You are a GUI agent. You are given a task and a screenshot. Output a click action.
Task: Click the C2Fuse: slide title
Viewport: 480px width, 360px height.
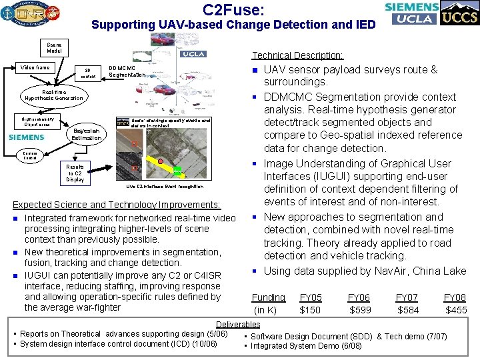pyautogui.click(x=234, y=9)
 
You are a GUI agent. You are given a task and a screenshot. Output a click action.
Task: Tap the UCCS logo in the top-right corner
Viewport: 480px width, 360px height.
pyautogui.click(x=459, y=14)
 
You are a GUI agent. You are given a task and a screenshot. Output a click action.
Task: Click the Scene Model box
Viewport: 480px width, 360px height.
pyautogui.click(x=54, y=48)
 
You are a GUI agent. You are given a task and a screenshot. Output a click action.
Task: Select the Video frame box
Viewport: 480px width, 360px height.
pyautogui.click(x=35, y=67)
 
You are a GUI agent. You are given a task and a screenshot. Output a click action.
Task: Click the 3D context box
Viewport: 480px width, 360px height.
pyautogui.click(x=88, y=73)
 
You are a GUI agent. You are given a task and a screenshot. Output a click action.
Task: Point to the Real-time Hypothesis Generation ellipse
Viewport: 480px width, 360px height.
pyautogui.click(x=54, y=95)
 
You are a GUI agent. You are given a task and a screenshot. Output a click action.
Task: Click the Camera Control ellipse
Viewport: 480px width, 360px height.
pyautogui.click(x=29, y=155)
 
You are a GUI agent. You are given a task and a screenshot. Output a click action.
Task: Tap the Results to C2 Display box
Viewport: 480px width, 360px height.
pyautogui.click(x=75, y=173)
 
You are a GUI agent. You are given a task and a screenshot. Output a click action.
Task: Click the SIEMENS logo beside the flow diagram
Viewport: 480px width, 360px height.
pyautogui.click(x=27, y=137)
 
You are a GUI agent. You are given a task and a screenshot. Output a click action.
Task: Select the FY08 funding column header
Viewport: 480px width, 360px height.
pyautogui.click(x=456, y=297)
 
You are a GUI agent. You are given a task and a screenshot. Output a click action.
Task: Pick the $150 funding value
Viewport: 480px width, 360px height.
pyautogui.click(x=311, y=309)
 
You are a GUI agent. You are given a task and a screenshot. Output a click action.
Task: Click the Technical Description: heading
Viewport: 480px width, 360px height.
pyautogui.click(x=297, y=55)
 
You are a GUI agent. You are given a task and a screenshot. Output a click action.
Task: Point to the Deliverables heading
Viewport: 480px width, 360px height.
pyautogui.click(x=238, y=324)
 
